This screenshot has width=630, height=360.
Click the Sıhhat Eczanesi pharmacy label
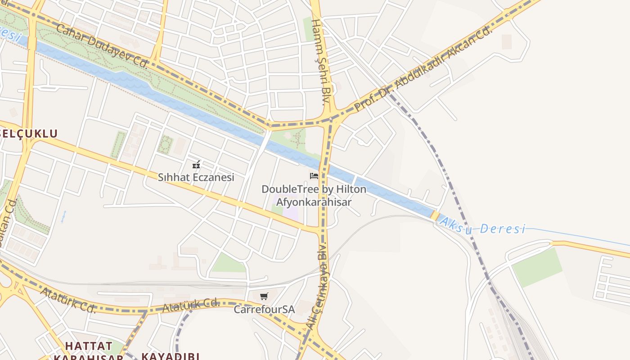196,177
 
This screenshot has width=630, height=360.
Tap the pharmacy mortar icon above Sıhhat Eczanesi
196,165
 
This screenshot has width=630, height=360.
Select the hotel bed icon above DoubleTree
314,175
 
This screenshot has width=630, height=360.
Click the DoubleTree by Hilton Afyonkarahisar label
314,196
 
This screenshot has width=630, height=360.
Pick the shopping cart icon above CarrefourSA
264,296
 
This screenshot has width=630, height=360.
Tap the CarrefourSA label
264,310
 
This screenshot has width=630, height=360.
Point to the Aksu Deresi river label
482,226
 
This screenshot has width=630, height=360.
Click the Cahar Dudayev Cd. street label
102,46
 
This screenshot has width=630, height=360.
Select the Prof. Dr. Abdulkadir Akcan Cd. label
423,69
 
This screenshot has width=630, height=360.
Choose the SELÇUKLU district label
29,134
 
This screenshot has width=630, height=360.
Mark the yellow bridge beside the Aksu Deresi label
435,216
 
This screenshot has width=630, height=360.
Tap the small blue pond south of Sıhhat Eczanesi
63,216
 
